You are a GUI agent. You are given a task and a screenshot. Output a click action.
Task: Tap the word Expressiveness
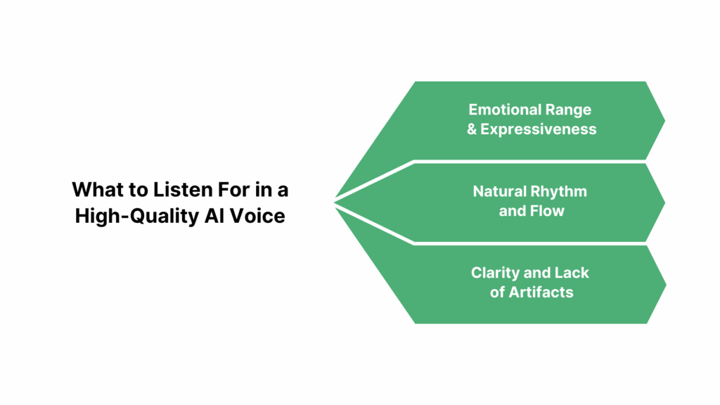click(538, 129)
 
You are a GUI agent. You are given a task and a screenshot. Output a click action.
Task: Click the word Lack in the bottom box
click(572, 273)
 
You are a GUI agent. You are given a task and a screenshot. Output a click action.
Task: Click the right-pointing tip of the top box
click(664, 120)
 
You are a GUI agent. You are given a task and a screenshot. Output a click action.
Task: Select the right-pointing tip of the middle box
click(664, 202)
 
